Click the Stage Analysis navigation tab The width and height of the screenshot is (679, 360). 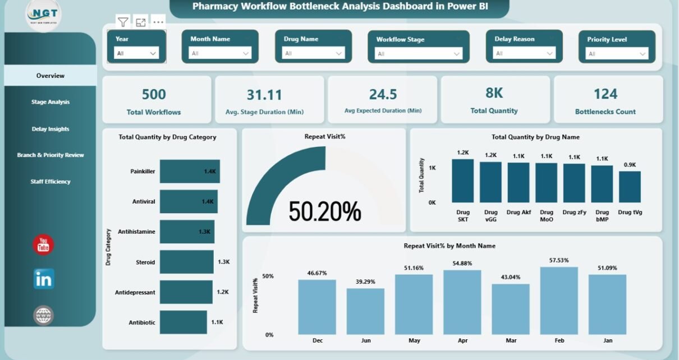[x=51, y=102]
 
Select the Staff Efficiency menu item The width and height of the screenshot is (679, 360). [x=51, y=182]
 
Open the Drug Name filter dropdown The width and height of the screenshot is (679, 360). [x=314, y=53]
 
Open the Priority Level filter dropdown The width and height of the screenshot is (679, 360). [x=617, y=54]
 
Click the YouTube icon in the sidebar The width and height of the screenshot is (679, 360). [x=43, y=245]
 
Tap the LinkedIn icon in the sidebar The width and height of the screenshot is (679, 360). [x=43, y=279]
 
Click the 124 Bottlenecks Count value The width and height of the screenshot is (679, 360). [x=605, y=94]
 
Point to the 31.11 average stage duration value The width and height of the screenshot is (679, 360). [x=264, y=95]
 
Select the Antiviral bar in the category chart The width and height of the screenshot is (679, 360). [x=188, y=201]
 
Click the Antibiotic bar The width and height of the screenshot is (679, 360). [x=184, y=322]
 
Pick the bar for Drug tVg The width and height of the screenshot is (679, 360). [x=630, y=187]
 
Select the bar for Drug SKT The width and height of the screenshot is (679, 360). [x=463, y=181]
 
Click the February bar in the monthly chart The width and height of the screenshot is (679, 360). [x=559, y=301]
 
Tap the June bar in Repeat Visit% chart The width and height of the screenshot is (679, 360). [x=365, y=311]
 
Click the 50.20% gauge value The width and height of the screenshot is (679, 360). [x=325, y=211]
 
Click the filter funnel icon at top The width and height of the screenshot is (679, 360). [x=123, y=22]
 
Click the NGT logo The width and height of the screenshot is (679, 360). [x=43, y=14]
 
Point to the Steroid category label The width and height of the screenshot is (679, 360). [x=145, y=262]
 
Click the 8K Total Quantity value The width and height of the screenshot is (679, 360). [x=494, y=94]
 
